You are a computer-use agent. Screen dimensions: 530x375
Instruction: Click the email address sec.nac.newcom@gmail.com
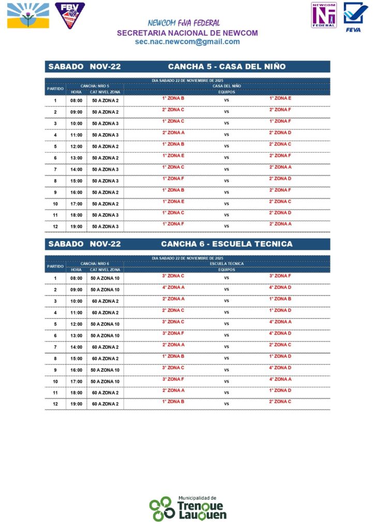pos(187,42)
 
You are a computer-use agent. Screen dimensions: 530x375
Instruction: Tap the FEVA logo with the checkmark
pos(356,16)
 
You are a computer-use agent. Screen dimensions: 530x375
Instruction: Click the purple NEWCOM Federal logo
pos(324,15)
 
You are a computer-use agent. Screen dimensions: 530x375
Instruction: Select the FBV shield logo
pos(70,15)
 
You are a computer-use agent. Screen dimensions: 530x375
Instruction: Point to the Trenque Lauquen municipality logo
pos(187,508)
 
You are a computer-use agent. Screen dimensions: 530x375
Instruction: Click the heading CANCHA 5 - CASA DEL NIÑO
pos(227,67)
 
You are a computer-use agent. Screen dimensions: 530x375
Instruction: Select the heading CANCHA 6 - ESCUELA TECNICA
pos(227,244)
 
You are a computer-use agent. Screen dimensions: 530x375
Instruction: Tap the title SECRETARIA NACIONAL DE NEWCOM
pos(187,33)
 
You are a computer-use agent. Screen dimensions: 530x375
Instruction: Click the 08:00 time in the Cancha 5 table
pos(77,100)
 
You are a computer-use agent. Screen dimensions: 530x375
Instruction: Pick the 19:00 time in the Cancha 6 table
pos(77,404)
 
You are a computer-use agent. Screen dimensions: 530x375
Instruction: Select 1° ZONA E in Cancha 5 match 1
pos(280,98)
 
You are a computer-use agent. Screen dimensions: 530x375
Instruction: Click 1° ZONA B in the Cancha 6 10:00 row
pos(280,299)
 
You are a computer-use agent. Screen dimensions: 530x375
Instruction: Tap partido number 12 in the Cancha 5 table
pos(55,227)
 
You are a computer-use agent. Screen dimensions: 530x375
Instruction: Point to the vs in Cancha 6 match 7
pos(226,347)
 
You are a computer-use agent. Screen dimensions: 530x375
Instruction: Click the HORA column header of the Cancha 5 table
pos(76,92)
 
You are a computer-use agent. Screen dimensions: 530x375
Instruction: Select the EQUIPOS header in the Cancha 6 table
pos(227,270)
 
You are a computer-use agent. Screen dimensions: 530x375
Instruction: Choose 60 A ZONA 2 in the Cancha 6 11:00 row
pos(106,313)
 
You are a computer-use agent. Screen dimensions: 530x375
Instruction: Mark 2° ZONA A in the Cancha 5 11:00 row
pos(173,132)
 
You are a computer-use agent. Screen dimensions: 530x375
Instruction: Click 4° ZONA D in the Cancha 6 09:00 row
pos(280,287)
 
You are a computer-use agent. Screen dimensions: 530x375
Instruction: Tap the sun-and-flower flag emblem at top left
pos(28,16)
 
